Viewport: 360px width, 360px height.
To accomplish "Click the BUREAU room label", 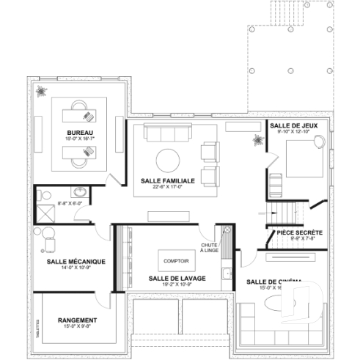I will (74, 132).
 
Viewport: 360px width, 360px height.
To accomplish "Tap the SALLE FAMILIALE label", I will (167, 180).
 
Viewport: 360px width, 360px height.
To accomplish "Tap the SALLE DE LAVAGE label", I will (177, 278).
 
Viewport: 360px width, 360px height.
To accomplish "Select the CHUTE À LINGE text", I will (210, 249).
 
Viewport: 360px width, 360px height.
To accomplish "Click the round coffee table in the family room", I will (168, 158).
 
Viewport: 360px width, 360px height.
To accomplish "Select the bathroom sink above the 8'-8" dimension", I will (81, 192).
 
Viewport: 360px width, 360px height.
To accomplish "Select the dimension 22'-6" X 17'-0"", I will (167, 186).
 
